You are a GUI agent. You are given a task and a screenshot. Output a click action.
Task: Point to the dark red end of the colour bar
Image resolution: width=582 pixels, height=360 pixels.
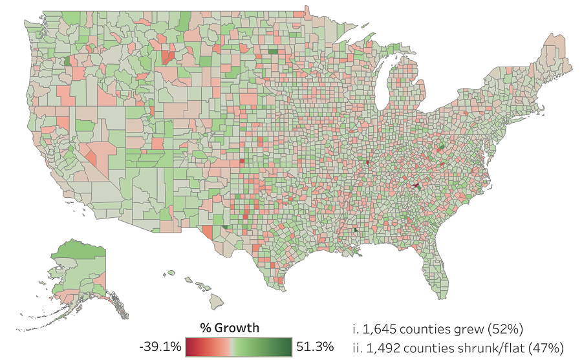(189, 347)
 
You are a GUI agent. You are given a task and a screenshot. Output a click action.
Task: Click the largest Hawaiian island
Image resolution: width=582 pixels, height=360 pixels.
(216, 300)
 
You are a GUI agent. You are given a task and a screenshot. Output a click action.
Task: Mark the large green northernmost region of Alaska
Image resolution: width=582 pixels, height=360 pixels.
(76, 249)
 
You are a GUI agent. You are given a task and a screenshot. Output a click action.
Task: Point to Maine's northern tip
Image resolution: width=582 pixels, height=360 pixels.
(555, 34)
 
